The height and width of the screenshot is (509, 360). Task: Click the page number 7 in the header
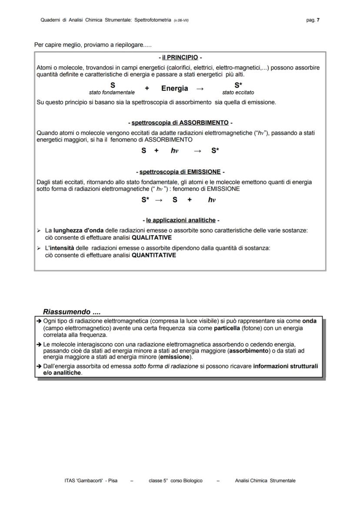point(318,20)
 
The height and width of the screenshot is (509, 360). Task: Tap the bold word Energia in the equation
point(174,88)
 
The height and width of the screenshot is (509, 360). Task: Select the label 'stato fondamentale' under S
point(112,93)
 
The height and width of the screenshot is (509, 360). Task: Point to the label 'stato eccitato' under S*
point(238,93)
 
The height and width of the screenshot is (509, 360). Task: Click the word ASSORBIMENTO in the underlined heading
point(204,123)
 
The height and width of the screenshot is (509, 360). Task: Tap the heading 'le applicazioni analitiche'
point(180,220)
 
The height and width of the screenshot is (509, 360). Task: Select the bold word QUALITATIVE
point(152,238)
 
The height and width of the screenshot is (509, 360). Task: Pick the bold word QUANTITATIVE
point(154,255)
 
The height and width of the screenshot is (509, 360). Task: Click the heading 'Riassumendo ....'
point(72,312)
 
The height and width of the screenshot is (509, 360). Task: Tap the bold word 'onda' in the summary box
point(309,321)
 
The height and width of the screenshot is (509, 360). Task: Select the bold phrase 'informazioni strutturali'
point(285,366)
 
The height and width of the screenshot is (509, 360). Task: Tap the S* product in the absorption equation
point(215,151)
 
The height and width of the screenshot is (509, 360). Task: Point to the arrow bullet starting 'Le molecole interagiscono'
point(39,344)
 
